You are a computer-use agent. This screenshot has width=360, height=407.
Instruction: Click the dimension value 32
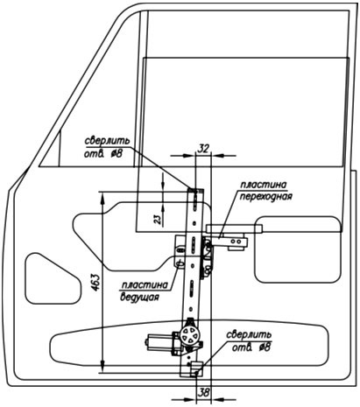tap(203, 149)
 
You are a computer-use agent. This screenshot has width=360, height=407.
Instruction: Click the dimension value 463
tap(95, 282)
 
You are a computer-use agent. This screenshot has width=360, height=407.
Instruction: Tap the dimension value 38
tap(203, 393)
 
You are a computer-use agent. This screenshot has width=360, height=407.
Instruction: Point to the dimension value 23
tap(158, 219)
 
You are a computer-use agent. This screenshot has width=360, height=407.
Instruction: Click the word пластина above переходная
tap(263, 185)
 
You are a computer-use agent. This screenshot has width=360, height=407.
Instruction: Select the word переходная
tap(265, 196)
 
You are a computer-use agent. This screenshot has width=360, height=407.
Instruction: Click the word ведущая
tap(139, 298)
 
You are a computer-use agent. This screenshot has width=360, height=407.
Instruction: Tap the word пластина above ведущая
tap(145, 285)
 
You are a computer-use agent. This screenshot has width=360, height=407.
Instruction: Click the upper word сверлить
tap(107, 141)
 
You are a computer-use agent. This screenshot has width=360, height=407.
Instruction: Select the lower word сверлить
tap(249, 334)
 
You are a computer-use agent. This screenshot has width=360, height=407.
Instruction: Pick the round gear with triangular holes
tap(189, 335)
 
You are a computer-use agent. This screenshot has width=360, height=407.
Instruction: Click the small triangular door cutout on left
tap(53, 278)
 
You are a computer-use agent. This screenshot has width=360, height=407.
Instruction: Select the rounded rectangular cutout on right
tap(298, 249)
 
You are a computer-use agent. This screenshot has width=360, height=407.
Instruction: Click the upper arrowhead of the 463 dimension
tap(102, 199)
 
